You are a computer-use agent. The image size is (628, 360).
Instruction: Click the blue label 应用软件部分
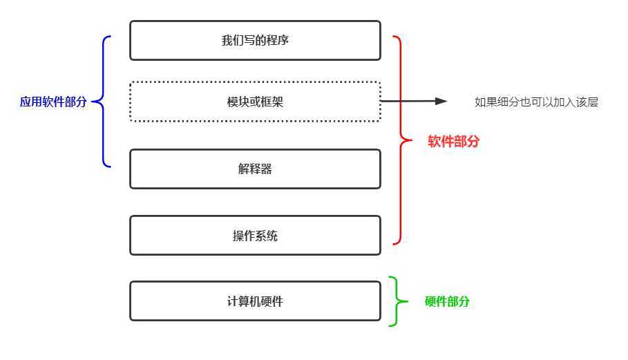click(53, 102)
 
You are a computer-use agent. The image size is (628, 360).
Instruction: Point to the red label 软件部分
click(453, 142)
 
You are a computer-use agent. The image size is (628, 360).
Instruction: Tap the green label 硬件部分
click(447, 301)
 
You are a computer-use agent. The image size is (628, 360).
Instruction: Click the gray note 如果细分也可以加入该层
click(536, 102)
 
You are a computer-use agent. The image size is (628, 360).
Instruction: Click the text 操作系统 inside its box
click(255, 236)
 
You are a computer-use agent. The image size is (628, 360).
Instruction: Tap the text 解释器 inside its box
click(255, 169)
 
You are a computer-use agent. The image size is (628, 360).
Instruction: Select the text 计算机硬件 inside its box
click(255, 301)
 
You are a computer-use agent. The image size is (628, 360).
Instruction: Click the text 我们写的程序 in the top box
click(255, 40)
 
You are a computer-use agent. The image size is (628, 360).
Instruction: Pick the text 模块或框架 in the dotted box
click(255, 102)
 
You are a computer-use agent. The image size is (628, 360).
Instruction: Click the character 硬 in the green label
click(430, 301)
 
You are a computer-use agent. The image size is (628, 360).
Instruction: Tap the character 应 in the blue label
click(26, 102)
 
